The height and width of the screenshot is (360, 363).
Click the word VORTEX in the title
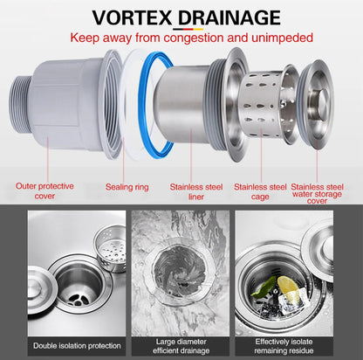click(x=132, y=17)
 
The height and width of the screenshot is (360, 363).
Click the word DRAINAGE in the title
click(x=229, y=17)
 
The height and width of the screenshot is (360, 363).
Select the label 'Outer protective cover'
click(x=45, y=190)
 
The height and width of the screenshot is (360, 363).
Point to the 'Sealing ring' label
click(x=127, y=187)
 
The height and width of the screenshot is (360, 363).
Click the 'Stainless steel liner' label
click(x=196, y=191)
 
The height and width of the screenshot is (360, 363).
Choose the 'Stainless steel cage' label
click(x=260, y=191)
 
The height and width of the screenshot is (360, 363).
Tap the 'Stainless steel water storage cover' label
click(x=317, y=193)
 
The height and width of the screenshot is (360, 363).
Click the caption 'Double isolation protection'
click(x=77, y=346)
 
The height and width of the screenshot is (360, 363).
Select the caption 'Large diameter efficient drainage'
click(x=181, y=346)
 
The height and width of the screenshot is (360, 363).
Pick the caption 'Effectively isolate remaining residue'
click(x=284, y=346)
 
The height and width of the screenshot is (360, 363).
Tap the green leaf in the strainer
click(x=264, y=287)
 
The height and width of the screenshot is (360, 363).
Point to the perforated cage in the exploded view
click(x=264, y=104)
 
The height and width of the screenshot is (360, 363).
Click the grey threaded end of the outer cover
click(x=20, y=105)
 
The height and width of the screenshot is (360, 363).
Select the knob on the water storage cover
click(x=322, y=100)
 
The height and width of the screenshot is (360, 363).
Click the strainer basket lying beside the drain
click(x=110, y=248)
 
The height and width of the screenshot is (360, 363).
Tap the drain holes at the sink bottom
click(x=78, y=300)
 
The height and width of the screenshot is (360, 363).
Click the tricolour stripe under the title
click(x=188, y=29)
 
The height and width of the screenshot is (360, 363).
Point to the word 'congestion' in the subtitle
click(x=194, y=38)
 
